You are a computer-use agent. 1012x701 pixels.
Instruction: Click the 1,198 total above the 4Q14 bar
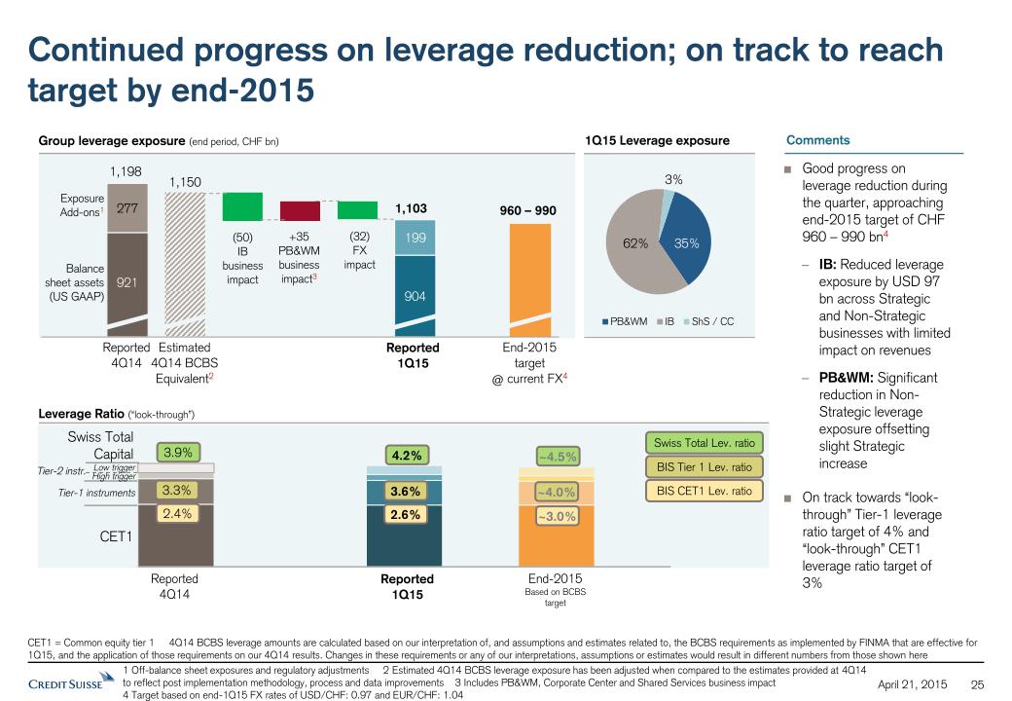tap(126, 171)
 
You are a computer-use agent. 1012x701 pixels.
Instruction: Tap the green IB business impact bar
tap(242, 206)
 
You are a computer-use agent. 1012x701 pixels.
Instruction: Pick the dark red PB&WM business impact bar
tap(300, 211)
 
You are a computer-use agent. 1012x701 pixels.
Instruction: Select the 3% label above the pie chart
tap(673, 179)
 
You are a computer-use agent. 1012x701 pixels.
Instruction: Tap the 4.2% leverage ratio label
tap(406, 454)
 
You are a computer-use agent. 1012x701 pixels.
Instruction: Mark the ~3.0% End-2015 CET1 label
tap(557, 516)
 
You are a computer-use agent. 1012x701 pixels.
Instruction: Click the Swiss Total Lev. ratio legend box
tap(704, 443)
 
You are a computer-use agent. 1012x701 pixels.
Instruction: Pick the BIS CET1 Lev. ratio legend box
tap(704, 491)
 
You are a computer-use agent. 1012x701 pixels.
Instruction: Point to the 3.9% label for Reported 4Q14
tap(177, 452)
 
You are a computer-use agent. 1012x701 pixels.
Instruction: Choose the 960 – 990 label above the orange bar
tap(527, 209)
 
